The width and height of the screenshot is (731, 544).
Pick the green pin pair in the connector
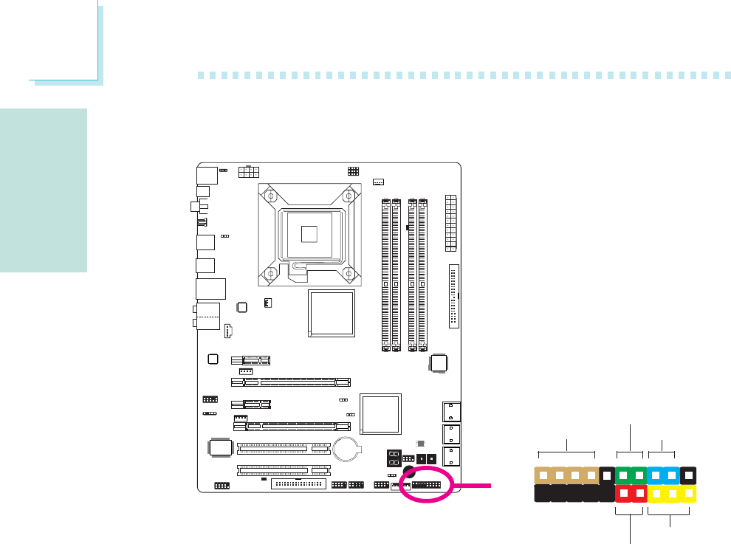click(x=631, y=475)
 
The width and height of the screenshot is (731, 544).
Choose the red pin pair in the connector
click(x=631, y=493)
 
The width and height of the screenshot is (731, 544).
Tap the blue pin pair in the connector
click(x=662, y=475)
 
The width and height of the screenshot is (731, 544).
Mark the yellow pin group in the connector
click(x=671, y=493)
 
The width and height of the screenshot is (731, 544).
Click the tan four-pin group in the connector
click(x=566, y=475)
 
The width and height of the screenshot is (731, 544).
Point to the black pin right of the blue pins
click(x=687, y=475)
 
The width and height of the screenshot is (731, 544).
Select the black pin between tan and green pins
click(x=606, y=475)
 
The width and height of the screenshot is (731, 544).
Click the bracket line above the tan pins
click(x=566, y=450)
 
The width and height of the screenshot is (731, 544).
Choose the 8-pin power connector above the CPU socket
click(x=250, y=172)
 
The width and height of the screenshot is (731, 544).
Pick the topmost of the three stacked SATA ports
click(x=450, y=410)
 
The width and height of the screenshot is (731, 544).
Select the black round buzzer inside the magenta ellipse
click(x=408, y=473)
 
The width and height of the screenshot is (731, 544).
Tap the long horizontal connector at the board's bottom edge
click(x=298, y=485)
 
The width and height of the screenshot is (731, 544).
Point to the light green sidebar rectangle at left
click(x=44, y=190)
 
